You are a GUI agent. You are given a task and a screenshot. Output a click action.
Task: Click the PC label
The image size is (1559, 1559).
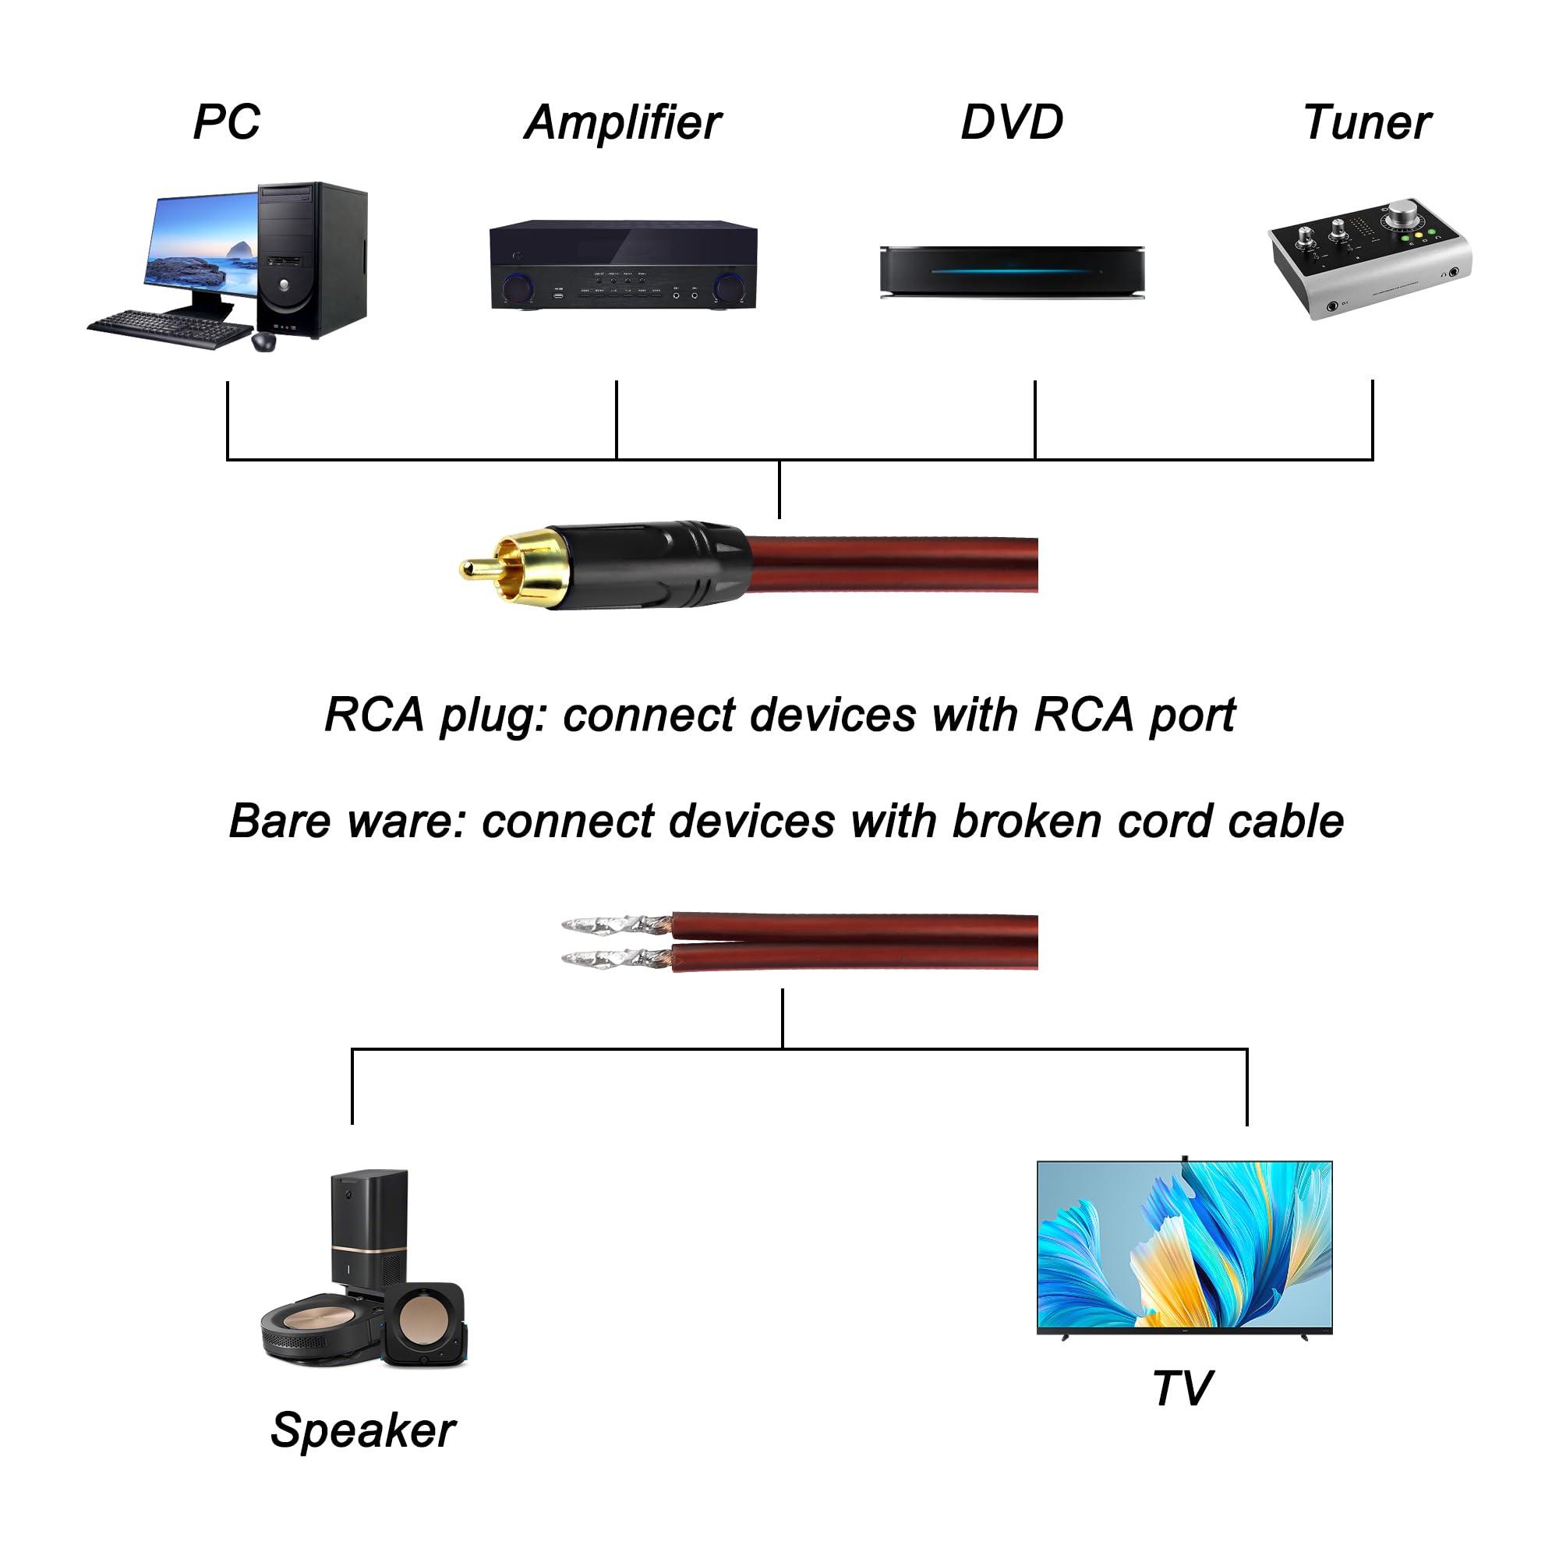coord(227,122)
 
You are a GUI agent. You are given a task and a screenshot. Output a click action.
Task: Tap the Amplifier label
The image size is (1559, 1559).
coord(623,122)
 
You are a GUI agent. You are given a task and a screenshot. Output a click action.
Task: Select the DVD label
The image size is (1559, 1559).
coord(1012,122)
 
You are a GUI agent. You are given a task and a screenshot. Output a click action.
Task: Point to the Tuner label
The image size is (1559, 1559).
coord(1367,122)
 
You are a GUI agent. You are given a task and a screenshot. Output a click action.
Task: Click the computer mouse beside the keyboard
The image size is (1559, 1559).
coord(264,341)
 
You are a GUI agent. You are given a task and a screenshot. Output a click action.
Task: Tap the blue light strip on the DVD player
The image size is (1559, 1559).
coord(1012,271)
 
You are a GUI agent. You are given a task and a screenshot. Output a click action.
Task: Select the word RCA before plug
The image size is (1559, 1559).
coord(374,715)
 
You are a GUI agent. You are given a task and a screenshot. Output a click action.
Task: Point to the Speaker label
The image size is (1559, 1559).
coord(362,1430)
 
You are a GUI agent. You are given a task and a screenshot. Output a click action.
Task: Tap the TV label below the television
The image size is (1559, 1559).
coord(1182,1388)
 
